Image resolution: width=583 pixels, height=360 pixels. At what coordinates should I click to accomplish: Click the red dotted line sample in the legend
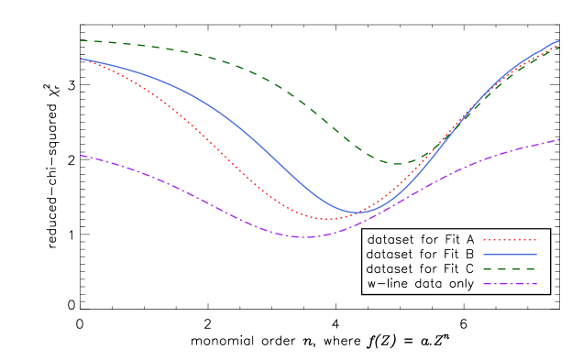pyautogui.click(x=510, y=240)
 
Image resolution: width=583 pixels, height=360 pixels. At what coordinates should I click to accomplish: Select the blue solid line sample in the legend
pyautogui.click(x=510, y=255)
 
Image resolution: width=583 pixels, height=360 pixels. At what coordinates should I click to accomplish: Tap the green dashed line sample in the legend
pyautogui.click(x=510, y=269)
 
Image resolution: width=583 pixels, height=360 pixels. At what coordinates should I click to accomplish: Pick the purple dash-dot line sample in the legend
pyautogui.click(x=510, y=284)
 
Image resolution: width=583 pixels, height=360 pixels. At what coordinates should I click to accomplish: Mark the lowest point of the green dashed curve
pyautogui.click(x=397, y=164)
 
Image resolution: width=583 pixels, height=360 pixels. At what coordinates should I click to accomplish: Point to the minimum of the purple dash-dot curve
pyautogui.click(x=305, y=237)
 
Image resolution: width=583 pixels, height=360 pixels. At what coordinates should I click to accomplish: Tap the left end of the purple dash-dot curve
pyautogui.click(x=81, y=156)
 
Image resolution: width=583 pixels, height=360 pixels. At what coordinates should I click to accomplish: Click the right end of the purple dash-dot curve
pyautogui.click(x=559, y=140)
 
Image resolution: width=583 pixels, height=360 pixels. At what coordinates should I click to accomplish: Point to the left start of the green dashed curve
pyautogui.click(x=81, y=40)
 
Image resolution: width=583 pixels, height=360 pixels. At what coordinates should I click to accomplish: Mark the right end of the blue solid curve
pyautogui.click(x=559, y=40)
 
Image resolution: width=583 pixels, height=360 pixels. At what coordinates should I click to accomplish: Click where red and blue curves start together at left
pyautogui.click(x=81, y=59)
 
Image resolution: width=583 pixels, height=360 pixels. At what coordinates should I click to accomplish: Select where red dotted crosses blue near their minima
pyautogui.click(x=362, y=212)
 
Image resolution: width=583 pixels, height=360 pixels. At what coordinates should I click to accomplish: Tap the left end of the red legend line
pyautogui.click(x=484, y=240)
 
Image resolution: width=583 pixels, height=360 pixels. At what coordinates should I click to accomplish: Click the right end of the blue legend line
pyautogui.click(x=536, y=255)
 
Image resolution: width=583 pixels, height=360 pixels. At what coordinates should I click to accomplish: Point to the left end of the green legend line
pyautogui.click(x=484, y=269)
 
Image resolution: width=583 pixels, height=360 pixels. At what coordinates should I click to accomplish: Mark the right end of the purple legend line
pyautogui.click(x=536, y=284)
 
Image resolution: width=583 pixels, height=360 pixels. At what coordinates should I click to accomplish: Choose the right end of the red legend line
pyautogui.click(x=536, y=240)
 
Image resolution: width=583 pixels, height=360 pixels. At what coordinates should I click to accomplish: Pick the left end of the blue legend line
pyautogui.click(x=484, y=255)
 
